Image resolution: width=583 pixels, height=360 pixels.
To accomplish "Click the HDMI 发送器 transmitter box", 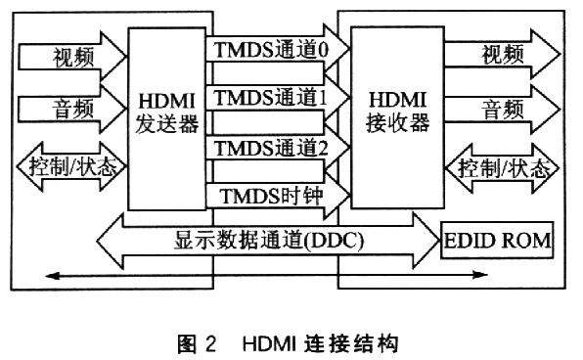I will tap(168, 117).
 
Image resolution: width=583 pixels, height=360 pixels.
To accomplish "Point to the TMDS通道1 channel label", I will tap(270, 97).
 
